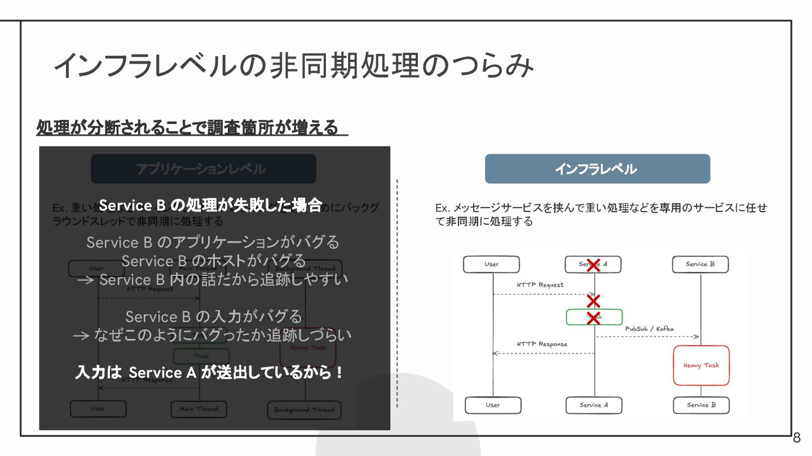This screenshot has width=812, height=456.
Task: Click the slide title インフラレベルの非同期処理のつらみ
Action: pos(293,66)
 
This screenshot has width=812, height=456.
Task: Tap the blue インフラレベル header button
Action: pos(597,169)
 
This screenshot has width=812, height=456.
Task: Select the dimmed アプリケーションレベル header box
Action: pos(203,169)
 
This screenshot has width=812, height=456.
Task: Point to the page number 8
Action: pos(797,438)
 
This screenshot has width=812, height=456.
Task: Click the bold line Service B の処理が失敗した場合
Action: pos(210,205)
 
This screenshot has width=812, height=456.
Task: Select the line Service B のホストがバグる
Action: pos(213,261)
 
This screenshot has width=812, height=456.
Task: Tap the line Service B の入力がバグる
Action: pos(213,316)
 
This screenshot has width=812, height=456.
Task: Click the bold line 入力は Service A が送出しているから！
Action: pos(210,373)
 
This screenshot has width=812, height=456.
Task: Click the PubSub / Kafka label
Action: pos(649,329)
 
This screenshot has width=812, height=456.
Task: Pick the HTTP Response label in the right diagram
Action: pos(542,344)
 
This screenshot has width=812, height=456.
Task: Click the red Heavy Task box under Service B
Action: pos(701,365)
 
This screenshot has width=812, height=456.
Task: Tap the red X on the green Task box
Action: pos(593,318)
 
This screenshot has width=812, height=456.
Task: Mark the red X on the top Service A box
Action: pos(593,265)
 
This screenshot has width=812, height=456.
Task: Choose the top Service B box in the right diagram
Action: pos(700,265)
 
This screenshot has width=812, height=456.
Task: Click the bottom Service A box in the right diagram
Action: pos(594,405)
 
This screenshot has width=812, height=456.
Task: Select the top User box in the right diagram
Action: pos(491,265)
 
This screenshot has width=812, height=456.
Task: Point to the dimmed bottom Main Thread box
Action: pos(198,409)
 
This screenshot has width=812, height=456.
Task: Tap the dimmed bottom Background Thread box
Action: pos(304,410)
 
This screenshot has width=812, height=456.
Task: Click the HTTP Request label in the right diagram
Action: pos(540,285)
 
